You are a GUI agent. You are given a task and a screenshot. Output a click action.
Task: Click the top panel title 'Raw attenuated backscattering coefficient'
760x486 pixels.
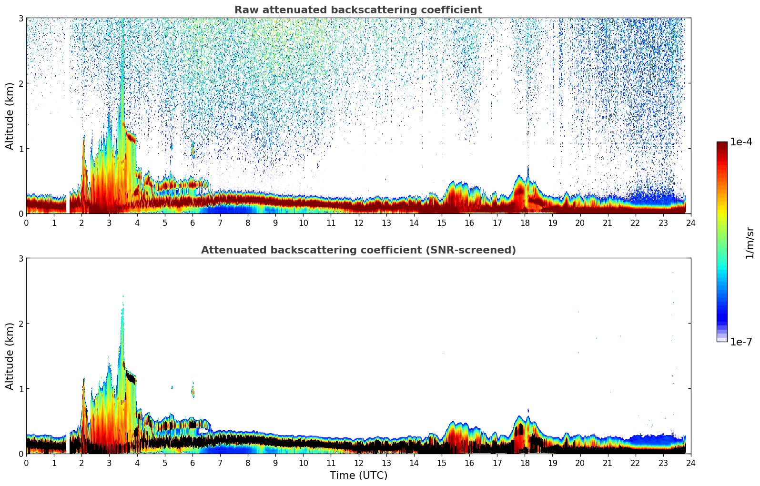(358, 10)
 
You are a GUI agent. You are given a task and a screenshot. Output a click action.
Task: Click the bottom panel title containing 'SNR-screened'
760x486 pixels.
(358, 250)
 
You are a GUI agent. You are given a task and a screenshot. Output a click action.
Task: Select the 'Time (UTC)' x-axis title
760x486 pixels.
(358, 476)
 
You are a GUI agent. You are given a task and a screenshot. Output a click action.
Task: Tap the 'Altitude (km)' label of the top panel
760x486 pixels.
(10, 116)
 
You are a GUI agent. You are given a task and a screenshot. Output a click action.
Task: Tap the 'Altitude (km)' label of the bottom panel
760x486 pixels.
(10, 356)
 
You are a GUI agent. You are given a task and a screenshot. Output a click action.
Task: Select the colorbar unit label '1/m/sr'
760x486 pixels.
(750, 242)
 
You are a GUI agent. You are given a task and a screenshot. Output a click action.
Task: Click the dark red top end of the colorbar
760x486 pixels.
(721, 144)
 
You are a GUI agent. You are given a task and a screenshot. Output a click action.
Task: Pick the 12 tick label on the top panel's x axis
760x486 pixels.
(358, 223)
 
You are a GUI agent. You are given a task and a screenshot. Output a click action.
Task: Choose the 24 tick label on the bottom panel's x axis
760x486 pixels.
(690, 463)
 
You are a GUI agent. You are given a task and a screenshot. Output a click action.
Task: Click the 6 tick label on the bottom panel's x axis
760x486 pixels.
(193, 463)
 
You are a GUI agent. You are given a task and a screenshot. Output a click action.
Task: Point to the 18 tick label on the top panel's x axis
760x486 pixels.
(525, 223)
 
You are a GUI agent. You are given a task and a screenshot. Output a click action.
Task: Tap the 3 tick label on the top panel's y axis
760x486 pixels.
(20, 18)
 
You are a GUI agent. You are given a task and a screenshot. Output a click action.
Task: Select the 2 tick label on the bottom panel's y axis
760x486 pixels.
(20, 324)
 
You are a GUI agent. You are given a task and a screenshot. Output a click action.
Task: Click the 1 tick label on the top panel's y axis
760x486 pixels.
(20, 149)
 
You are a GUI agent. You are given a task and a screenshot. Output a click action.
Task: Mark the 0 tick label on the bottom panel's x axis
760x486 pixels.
(26, 463)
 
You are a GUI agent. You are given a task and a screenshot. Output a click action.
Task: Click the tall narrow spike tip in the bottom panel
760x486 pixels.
(122, 296)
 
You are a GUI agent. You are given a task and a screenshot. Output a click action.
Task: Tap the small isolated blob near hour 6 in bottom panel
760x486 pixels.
(193, 392)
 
